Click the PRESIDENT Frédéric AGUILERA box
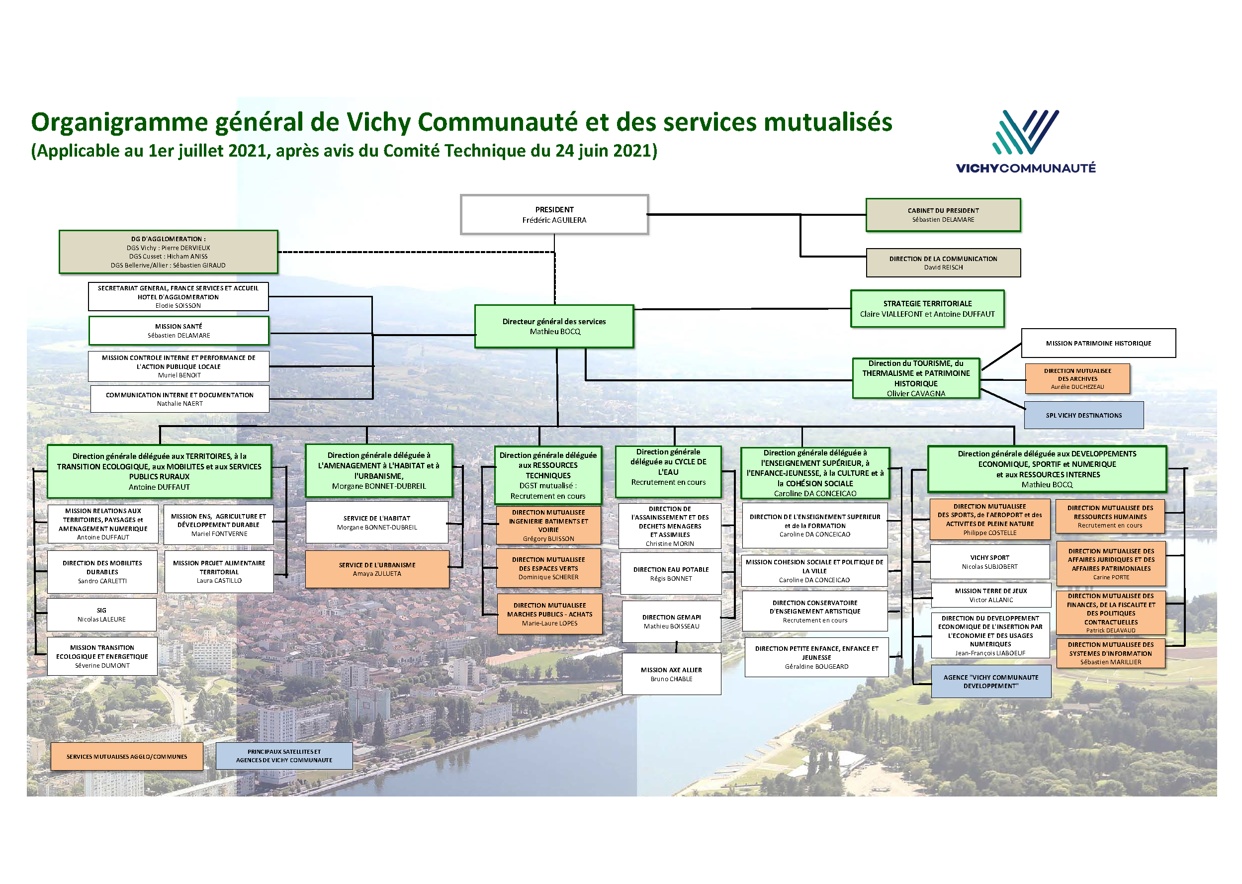(x=554, y=214)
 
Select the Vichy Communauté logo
(x=1025, y=142)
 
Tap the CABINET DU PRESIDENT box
(x=943, y=215)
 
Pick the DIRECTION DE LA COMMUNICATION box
(x=943, y=263)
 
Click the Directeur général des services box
(x=554, y=326)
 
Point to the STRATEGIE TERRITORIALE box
(x=927, y=309)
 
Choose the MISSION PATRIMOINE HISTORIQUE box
(x=1098, y=343)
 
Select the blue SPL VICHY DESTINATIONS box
(x=1083, y=415)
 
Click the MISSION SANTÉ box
(x=178, y=331)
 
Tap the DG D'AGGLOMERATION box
(x=168, y=252)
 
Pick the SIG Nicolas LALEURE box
(x=102, y=615)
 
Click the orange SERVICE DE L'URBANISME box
(x=377, y=569)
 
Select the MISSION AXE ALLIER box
(x=671, y=674)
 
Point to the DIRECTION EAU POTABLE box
(x=671, y=574)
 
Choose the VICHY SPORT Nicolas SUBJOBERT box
(x=989, y=562)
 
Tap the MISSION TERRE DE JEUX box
(x=990, y=595)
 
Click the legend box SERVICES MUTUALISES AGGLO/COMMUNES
(x=127, y=757)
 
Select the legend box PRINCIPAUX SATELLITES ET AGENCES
(x=284, y=756)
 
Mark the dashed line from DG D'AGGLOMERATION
(x=416, y=252)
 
